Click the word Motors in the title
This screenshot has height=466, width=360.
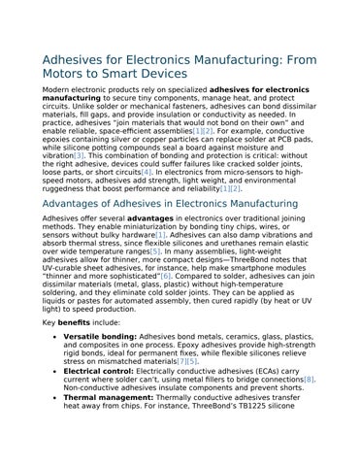pyautogui.click(x=68, y=74)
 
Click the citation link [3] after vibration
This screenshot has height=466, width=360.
pyautogui.click(x=80, y=156)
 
